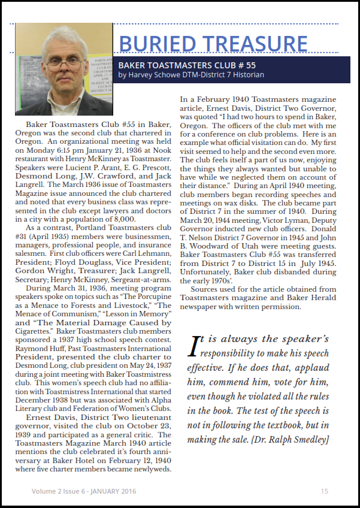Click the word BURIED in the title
click(156, 44)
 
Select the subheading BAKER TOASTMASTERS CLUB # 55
click(187, 65)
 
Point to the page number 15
click(324, 491)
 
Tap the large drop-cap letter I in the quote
click(193, 346)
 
